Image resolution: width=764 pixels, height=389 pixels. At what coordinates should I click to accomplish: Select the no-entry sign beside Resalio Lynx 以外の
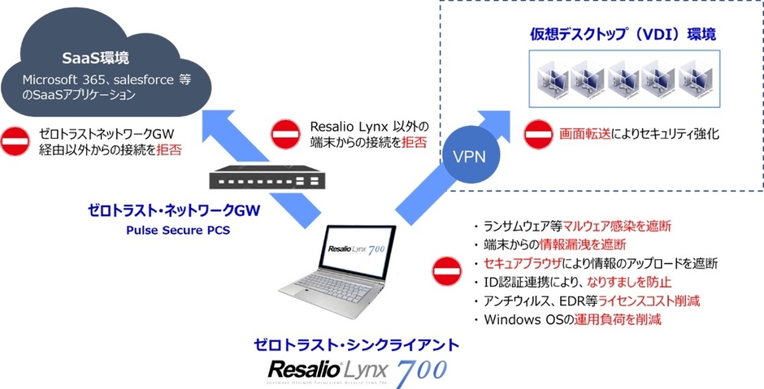coord(284,134)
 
